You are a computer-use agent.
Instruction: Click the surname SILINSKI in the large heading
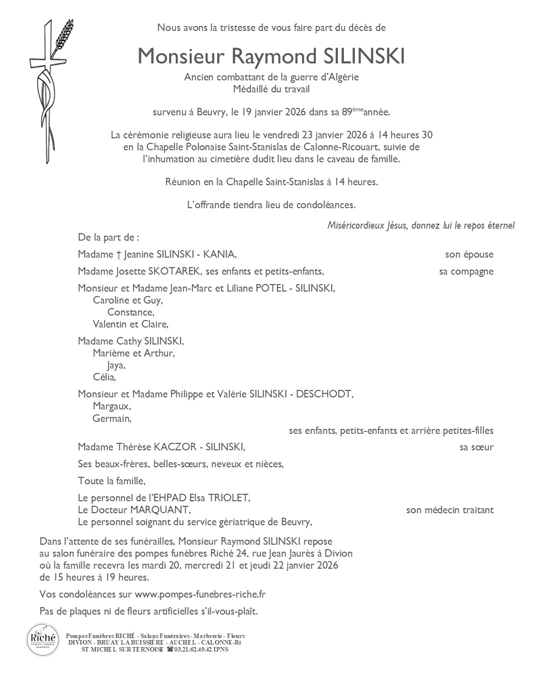[x=364, y=56]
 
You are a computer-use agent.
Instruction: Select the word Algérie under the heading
[x=342, y=77]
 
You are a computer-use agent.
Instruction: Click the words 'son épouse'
[x=469, y=255]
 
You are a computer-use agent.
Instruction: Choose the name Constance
[x=130, y=313]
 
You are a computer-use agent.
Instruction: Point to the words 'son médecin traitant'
[x=450, y=510]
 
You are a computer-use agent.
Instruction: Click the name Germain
[x=111, y=419]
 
